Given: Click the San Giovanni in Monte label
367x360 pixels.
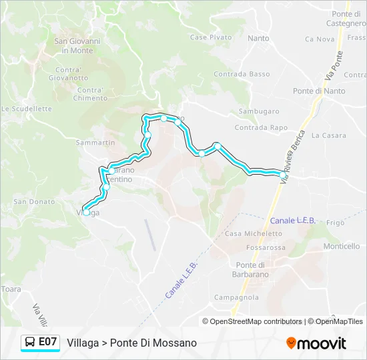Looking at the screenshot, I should pyautogui.click(x=77, y=45).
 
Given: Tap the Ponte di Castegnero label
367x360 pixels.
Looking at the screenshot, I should pyautogui.click(x=346, y=19).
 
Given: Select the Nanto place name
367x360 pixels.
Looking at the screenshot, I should pyautogui.click(x=258, y=39).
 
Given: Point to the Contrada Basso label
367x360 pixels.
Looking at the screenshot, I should pyautogui.click(x=242, y=74).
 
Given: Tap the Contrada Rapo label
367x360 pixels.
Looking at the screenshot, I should pyautogui.click(x=261, y=127).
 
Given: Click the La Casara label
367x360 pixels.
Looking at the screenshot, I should pyautogui.click(x=328, y=135).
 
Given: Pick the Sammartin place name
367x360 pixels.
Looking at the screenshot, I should pyautogui.click(x=95, y=143).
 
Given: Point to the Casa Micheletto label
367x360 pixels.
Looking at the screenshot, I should pyautogui.click(x=253, y=233).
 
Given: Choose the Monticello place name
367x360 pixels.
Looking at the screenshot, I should pyautogui.click(x=341, y=246).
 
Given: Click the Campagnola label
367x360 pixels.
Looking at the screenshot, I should pyautogui.click(x=232, y=297).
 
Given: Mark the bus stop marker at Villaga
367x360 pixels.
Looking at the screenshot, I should pyautogui.click(x=86, y=212).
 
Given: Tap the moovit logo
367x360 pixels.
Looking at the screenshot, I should pyautogui.click(x=316, y=343).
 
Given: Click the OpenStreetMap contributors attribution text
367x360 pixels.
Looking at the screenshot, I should pyautogui.click(x=252, y=321).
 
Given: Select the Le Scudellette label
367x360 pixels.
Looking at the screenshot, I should pyautogui.click(x=27, y=109).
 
